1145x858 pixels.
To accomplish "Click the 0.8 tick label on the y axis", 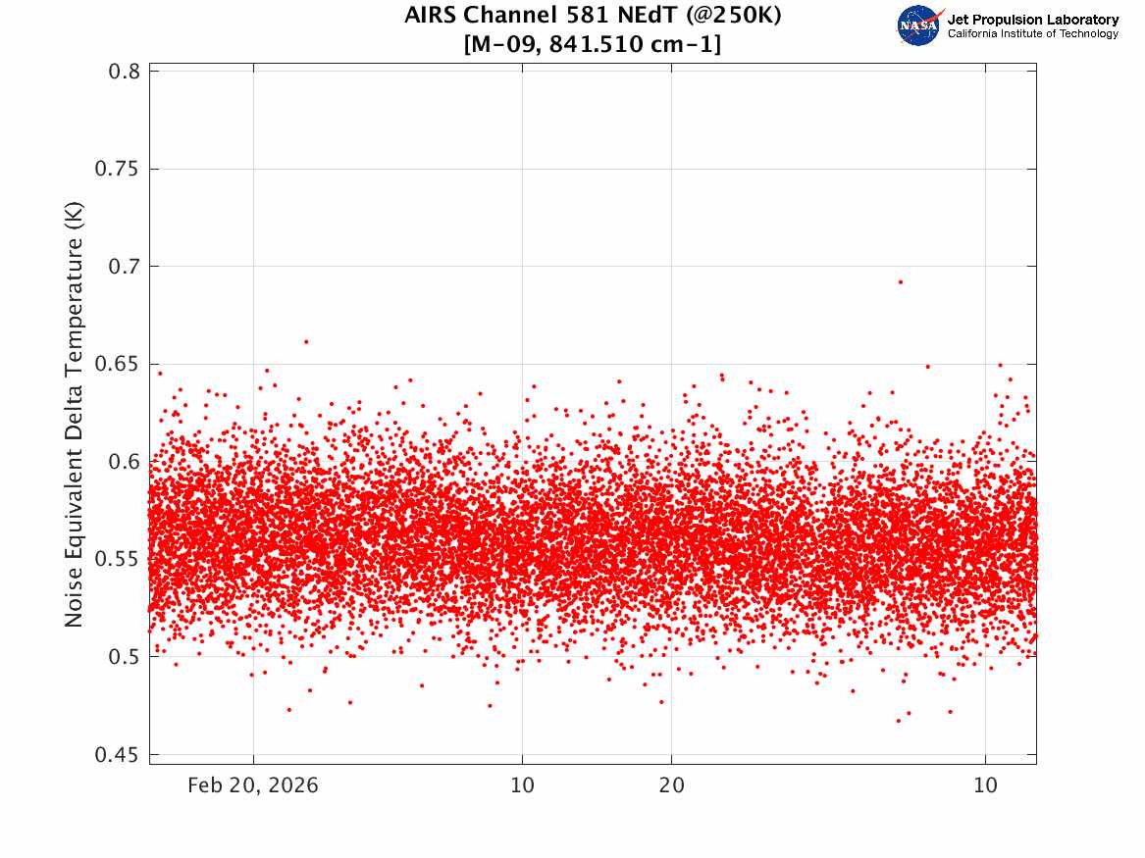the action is point(124,72).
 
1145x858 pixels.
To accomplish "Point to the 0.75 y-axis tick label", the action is point(117,169).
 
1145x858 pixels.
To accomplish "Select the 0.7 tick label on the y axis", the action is point(124,267).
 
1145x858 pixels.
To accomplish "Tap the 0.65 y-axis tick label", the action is point(117,364).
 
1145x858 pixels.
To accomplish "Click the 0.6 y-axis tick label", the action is point(124,461).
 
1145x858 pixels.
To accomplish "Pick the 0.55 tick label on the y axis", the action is point(117,559).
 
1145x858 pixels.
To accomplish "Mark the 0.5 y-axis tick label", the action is point(124,657).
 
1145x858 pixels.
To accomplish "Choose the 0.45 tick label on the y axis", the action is point(117,754).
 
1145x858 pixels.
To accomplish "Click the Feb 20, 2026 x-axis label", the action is point(253,785).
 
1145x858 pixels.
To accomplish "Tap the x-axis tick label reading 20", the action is point(672,785).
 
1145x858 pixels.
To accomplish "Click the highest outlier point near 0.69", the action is point(901,281).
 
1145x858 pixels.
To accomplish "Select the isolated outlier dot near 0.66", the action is point(306,341).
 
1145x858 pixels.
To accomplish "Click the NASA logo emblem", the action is point(919,25).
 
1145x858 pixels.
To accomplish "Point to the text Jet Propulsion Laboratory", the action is point(1033,20).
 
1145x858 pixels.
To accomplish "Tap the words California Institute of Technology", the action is point(1033,33).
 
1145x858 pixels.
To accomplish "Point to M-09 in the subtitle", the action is point(505,44).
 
